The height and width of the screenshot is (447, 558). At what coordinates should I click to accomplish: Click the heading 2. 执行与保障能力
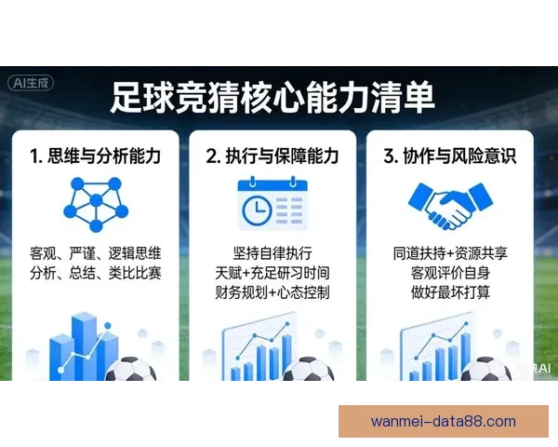(x=280, y=156)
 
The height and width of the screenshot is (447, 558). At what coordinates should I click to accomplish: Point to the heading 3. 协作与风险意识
(x=462, y=156)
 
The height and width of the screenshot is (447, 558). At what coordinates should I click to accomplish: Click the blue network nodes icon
(x=93, y=204)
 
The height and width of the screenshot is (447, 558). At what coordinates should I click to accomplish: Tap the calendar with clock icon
(x=271, y=204)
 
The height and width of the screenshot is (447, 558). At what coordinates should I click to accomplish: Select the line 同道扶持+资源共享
(x=462, y=253)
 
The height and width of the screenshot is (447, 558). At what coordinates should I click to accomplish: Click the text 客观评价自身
(x=462, y=273)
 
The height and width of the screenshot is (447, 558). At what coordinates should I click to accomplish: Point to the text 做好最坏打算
(x=462, y=292)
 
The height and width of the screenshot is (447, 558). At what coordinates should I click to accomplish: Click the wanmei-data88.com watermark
(x=443, y=421)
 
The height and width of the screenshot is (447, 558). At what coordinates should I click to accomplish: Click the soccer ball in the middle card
(x=308, y=372)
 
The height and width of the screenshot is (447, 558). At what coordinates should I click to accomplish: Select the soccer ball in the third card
(x=486, y=372)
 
